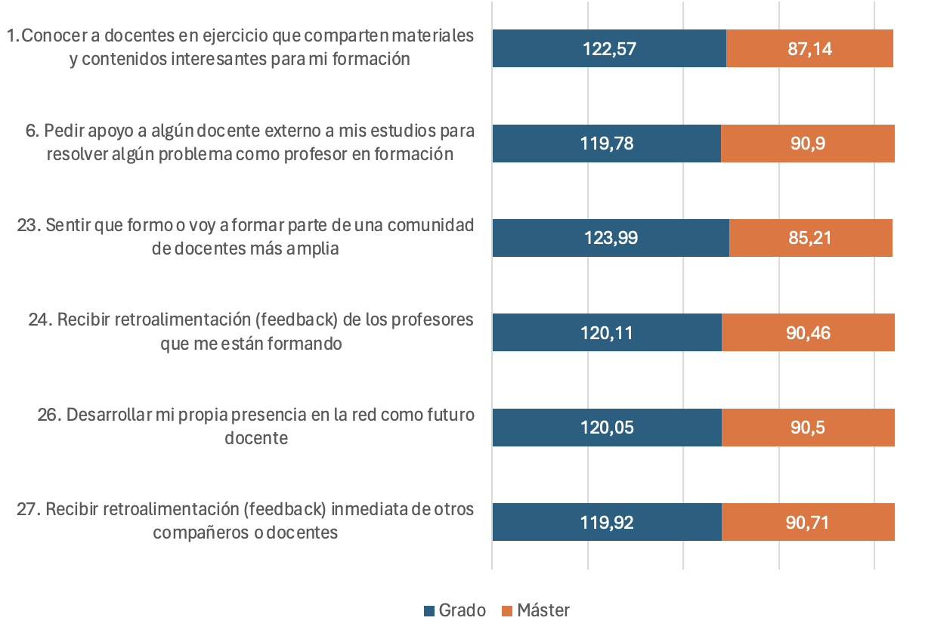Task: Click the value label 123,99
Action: [611, 238]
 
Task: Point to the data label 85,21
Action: [809, 238]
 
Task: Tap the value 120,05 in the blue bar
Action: [608, 427]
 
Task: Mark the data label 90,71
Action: [808, 522]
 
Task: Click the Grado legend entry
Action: [462, 610]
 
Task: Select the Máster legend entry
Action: [543, 610]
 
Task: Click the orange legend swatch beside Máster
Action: [506, 611]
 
